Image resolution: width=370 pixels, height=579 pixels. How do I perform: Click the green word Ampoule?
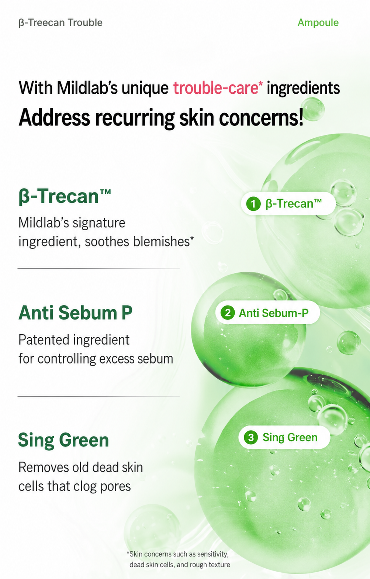318,23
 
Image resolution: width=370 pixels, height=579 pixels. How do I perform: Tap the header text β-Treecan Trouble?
60,23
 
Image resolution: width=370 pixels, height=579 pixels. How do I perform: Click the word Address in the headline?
54,118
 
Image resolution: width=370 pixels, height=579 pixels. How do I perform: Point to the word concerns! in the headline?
261,118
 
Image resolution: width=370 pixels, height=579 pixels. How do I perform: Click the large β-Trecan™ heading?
65,196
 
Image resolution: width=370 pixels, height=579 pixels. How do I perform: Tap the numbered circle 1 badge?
253,204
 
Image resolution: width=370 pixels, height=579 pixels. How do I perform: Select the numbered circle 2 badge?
228,313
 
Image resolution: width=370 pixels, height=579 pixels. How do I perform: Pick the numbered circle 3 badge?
251,437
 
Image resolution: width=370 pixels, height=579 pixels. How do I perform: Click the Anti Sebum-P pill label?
274,313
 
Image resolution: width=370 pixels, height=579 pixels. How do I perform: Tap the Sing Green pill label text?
290,437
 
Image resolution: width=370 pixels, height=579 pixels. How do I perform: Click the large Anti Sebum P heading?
76,313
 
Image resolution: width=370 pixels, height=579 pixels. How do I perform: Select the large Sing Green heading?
63,440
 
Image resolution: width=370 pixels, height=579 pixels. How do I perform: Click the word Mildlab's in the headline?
87,88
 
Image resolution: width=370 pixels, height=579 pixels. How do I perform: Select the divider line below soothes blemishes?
99,269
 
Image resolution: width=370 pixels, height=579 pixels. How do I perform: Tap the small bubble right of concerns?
313,109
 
